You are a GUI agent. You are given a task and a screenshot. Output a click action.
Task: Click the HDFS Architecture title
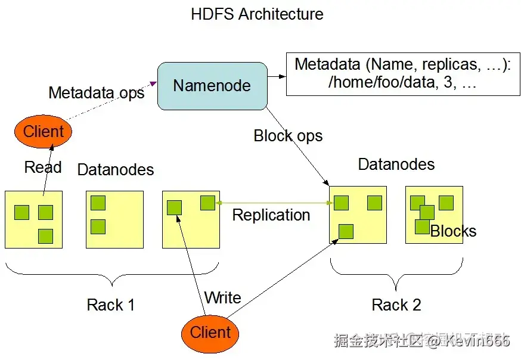point(257,14)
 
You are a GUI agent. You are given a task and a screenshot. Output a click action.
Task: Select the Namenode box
point(212,86)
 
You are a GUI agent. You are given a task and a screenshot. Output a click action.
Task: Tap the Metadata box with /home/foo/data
point(402,74)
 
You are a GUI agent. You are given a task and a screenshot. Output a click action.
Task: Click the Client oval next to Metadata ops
point(43,132)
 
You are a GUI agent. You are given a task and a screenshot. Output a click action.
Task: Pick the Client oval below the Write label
point(210,333)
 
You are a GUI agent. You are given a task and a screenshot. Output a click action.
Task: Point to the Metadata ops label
point(96,93)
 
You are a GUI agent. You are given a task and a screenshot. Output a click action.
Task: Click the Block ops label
point(288,136)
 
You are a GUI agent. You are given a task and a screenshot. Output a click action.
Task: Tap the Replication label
point(271,215)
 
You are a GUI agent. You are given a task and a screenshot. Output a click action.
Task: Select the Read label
point(43,167)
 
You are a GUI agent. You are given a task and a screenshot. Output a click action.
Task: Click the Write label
point(222,297)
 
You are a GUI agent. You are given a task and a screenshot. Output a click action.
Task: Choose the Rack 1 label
point(111,305)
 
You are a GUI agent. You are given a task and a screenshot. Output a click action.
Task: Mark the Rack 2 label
point(396,305)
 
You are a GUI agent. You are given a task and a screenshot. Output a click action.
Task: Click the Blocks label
point(454,231)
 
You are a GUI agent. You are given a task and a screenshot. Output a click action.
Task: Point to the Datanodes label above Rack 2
point(396,164)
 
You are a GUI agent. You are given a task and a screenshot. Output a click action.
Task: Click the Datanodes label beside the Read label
point(116,170)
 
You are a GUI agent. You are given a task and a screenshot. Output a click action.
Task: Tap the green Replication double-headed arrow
point(274,203)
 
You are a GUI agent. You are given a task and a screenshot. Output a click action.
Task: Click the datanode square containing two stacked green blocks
point(114,219)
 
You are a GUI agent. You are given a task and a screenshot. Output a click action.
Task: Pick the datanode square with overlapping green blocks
point(434,215)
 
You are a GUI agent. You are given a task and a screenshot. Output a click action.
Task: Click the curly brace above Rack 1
point(110,276)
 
